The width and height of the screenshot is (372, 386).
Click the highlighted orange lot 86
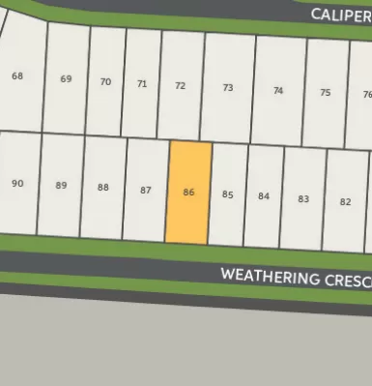click(x=188, y=193)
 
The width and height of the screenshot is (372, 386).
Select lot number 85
click(x=227, y=194)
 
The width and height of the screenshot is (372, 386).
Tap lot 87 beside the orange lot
click(x=145, y=191)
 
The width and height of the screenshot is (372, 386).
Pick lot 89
click(x=60, y=185)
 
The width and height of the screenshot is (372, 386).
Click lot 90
click(x=17, y=183)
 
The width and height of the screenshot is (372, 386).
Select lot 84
click(x=263, y=196)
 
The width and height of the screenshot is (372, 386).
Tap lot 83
click(x=302, y=198)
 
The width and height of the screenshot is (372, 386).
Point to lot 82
click(x=345, y=201)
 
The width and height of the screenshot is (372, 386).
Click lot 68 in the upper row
click(x=17, y=76)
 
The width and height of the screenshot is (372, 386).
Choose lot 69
click(x=66, y=79)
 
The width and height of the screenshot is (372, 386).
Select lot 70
click(x=105, y=81)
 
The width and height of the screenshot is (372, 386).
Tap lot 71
click(x=142, y=84)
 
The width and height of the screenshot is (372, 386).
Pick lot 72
click(x=180, y=86)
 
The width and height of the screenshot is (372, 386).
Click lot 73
click(x=227, y=88)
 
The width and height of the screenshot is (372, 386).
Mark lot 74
click(x=278, y=90)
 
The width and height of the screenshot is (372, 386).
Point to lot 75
click(x=325, y=92)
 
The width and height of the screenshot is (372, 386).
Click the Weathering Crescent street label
click(x=295, y=278)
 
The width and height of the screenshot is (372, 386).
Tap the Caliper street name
click(x=340, y=15)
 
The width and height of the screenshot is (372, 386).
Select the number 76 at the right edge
click(x=366, y=95)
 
